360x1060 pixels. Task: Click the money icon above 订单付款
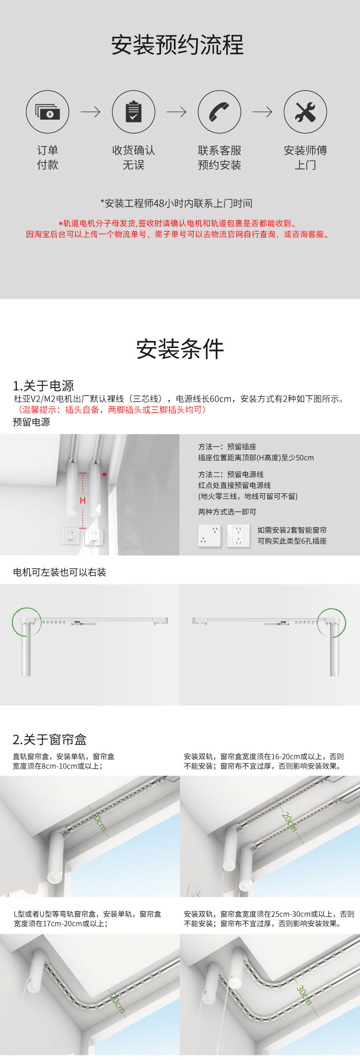tap(47, 112)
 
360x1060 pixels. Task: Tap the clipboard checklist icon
tap(133, 112)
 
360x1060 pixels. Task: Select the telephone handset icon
tap(219, 112)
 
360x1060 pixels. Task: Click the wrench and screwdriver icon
tap(305, 112)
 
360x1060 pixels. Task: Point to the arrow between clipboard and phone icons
tap(177, 112)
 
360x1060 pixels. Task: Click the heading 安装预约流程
tap(177, 45)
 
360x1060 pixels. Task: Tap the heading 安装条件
tap(180, 349)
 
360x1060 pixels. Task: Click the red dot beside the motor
tap(104, 474)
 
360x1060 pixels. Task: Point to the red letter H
tap(83, 500)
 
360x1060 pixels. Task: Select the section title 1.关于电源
tap(43, 386)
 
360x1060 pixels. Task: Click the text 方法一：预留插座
tap(227, 447)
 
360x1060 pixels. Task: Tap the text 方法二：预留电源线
tap(231, 474)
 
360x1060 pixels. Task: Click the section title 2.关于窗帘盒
tap(50, 740)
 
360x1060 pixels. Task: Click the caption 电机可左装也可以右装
tap(60, 572)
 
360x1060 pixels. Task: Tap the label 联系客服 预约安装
tap(219, 157)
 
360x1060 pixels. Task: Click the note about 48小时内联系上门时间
tap(177, 203)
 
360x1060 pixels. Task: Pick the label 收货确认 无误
tap(133, 157)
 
